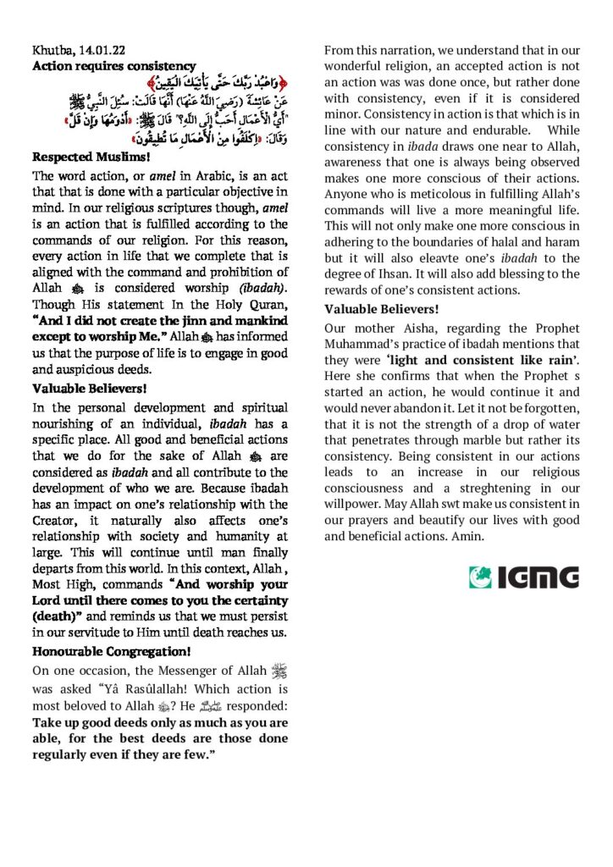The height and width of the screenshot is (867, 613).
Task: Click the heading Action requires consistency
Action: [x=113, y=65]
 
